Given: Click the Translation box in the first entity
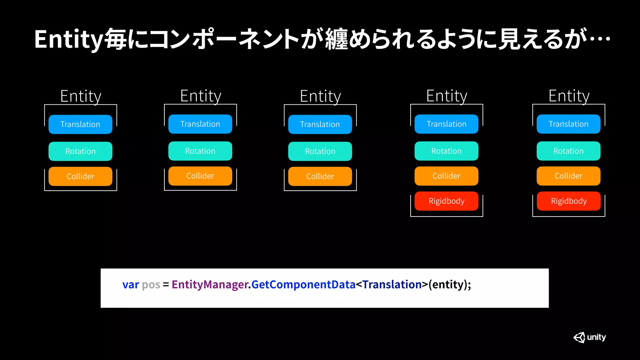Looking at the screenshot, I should (x=80, y=124).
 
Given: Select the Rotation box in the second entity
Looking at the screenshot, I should (x=200, y=151).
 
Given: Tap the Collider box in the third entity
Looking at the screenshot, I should (x=320, y=176).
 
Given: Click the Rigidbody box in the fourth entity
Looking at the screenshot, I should (x=446, y=201).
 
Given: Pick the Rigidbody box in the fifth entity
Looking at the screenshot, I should (x=568, y=201).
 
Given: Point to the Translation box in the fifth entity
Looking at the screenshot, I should (x=568, y=124).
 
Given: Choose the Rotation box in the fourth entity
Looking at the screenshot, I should (x=446, y=151).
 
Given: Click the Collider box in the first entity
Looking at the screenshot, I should (x=80, y=176).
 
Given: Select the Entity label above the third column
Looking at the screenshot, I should (x=320, y=96).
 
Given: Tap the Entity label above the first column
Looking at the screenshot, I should (x=81, y=96).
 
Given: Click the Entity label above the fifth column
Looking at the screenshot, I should (x=569, y=96).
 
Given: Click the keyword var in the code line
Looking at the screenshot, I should (x=131, y=285).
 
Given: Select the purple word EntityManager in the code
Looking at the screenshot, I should (x=210, y=285).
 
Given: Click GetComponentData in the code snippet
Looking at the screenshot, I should (x=303, y=285).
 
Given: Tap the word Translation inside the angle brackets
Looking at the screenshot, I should (x=392, y=285).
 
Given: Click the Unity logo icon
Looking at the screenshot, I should (x=579, y=337).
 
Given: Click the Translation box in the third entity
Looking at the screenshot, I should (x=320, y=124).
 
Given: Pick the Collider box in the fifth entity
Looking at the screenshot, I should (x=568, y=176).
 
